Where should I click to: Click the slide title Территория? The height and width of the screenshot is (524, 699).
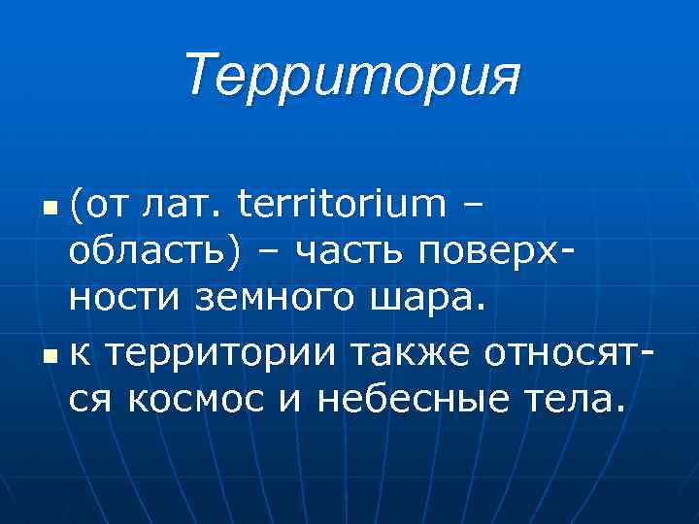352,76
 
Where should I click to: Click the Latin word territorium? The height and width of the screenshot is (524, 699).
347,206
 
